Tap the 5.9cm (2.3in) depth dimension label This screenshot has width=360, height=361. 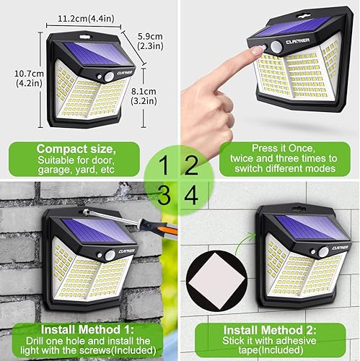coord(149,40)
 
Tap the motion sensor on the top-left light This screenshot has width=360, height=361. coord(109,75)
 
